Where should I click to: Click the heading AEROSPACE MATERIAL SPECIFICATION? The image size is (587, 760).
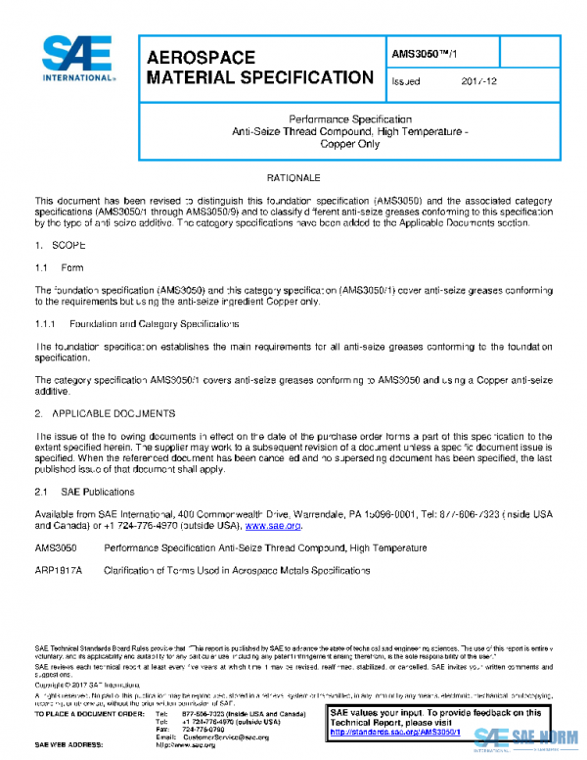click(x=258, y=68)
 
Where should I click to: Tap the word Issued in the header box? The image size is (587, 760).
click(x=405, y=81)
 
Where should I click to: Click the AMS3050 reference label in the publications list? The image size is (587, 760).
click(x=56, y=547)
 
